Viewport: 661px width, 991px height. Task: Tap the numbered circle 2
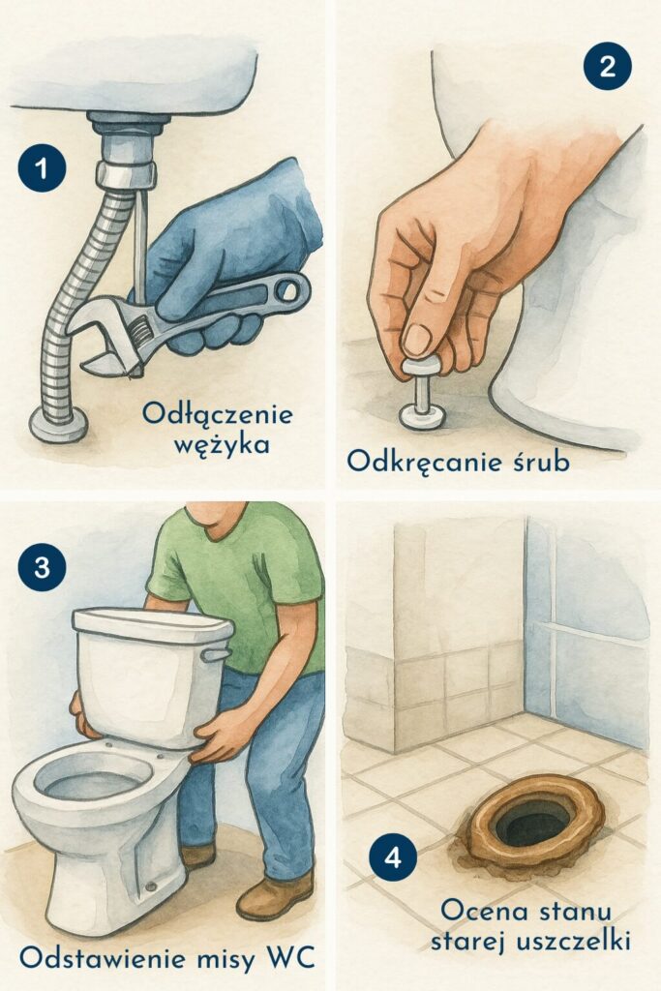click(608, 67)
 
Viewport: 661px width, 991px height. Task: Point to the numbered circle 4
click(393, 858)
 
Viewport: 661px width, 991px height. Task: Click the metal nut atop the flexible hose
click(126, 175)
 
